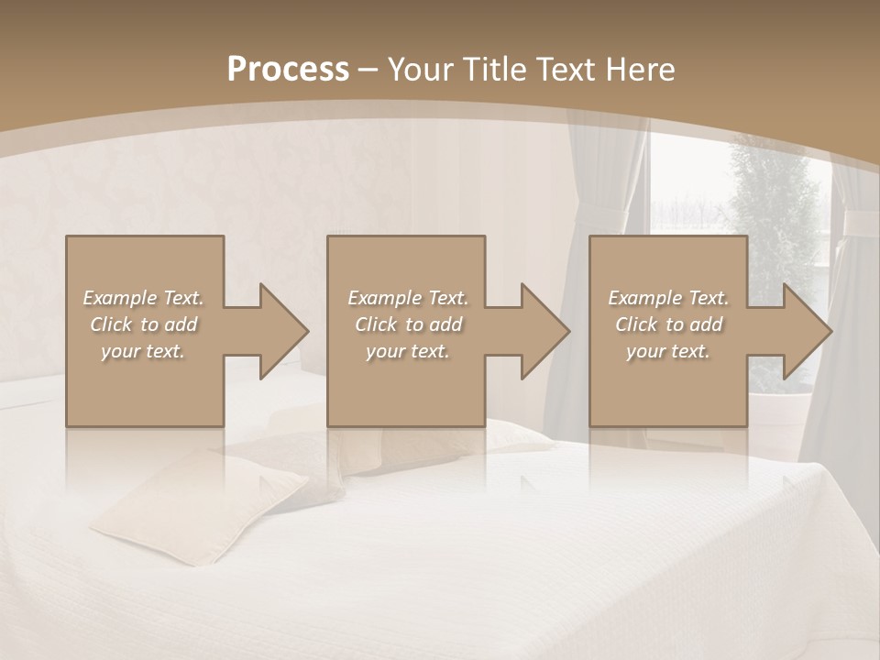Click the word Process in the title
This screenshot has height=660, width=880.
(x=288, y=70)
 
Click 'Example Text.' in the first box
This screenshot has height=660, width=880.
(x=143, y=298)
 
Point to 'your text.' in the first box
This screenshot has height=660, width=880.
(x=143, y=351)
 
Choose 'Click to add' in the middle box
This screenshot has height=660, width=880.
(x=408, y=324)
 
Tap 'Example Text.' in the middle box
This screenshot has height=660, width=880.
(x=408, y=298)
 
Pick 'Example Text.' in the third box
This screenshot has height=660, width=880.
(x=668, y=298)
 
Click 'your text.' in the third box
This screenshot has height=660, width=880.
(x=668, y=351)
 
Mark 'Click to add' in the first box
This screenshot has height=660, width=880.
(x=143, y=324)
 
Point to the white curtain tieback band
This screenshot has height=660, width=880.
(x=860, y=222)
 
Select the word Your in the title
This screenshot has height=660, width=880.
(x=418, y=70)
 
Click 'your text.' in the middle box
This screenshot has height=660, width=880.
(x=408, y=351)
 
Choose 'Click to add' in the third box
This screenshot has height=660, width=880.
(x=668, y=324)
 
